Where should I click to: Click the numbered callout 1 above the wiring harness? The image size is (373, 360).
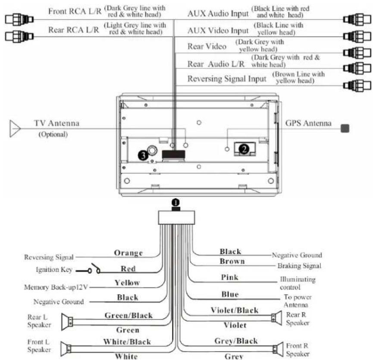[x=176, y=203]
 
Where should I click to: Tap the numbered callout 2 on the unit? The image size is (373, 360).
[x=244, y=149]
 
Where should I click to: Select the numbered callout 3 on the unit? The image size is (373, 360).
[x=143, y=156]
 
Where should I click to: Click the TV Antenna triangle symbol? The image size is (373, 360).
[x=15, y=128]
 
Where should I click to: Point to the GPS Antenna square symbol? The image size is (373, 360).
[x=345, y=128]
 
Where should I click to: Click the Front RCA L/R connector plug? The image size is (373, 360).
[x=19, y=19]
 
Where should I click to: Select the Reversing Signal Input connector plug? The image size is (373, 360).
[x=357, y=85]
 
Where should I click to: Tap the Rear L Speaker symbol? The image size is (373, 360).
[x=67, y=322]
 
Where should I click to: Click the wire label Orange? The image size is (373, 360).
[x=128, y=253]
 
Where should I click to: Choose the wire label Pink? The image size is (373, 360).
[x=229, y=277]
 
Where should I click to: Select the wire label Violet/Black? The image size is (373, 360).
[x=235, y=310]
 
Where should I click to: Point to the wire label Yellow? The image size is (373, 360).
[x=127, y=283]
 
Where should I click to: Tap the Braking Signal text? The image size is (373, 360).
[x=299, y=266]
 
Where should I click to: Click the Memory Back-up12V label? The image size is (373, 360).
[x=56, y=287]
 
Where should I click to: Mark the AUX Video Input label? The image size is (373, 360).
[x=218, y=31]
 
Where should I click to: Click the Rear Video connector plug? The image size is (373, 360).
[x=357, y=53]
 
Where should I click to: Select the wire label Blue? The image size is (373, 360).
[x=230, y=294]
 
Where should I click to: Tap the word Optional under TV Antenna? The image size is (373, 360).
[x=53, y=135]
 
